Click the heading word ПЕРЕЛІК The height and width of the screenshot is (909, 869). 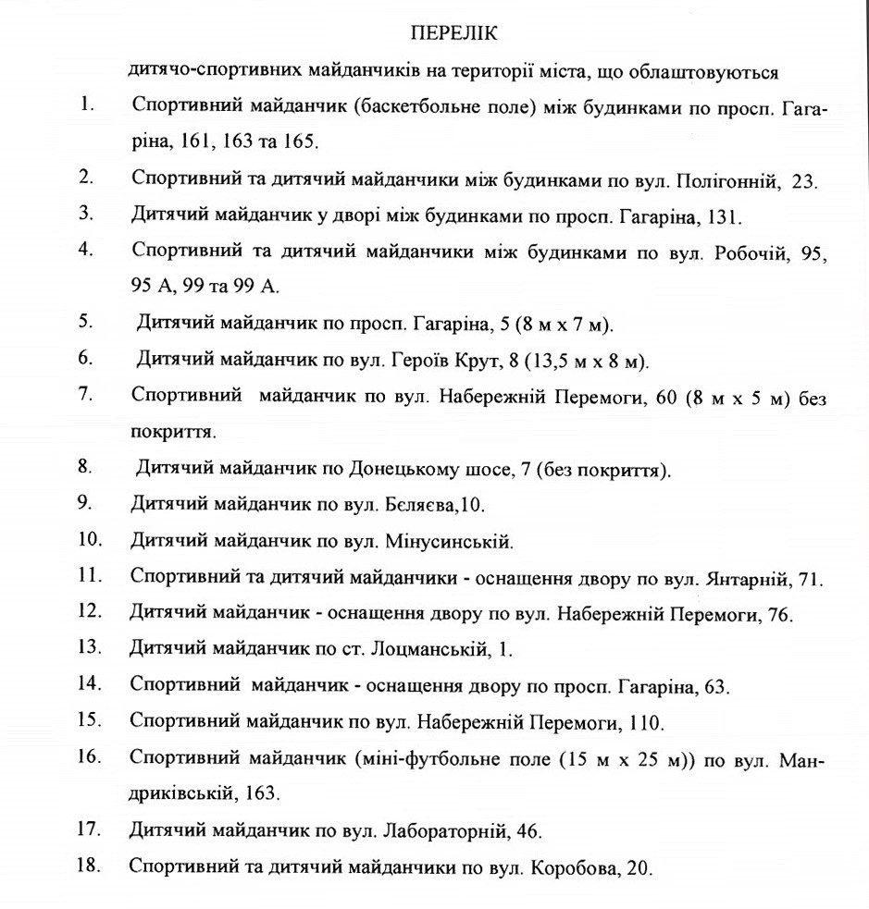coord(453,34)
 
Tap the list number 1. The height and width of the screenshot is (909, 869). coord(87,104)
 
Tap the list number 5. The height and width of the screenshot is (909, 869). coord(85,322)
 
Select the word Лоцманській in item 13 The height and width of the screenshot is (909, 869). coord(428,649)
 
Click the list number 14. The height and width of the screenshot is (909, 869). coord(89,684)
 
